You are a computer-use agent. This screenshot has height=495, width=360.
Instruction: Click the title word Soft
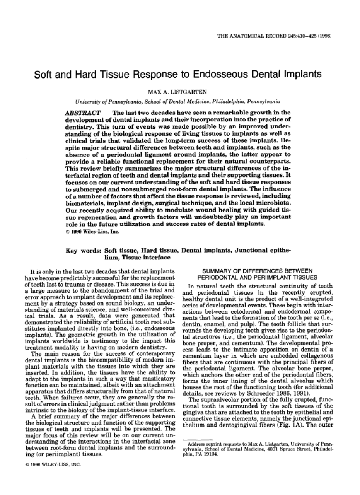click(x=43, y=74)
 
